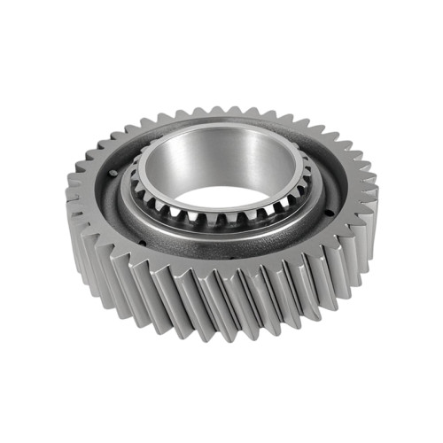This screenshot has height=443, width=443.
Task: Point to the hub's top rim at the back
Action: coord(221,125)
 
